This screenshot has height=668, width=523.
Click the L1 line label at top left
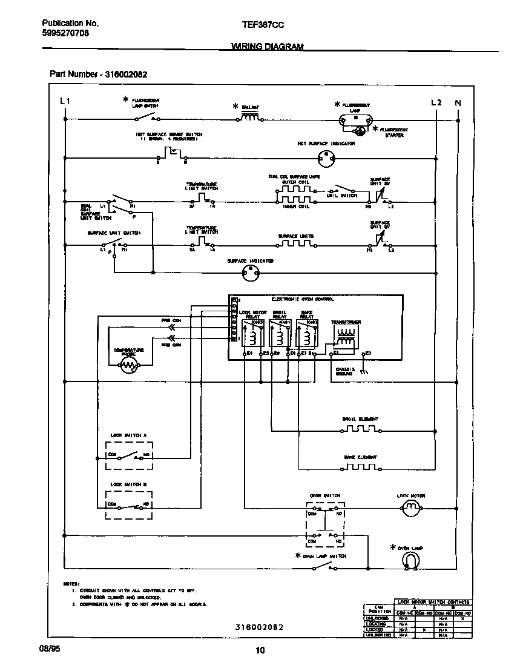coord(65,102)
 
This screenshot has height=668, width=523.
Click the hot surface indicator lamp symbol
coord(326,159)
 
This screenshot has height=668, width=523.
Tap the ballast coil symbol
coord(251,119)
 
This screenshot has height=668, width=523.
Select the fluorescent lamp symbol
coord(356,120)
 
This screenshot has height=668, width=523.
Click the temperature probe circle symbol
coord(129,364)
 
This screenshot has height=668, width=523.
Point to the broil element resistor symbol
coord(360,430)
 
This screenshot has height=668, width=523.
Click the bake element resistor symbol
coord(360,468)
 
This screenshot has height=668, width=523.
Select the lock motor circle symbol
coord(411,511)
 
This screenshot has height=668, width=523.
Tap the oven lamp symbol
coord(411,561)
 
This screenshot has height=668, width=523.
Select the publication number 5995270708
coord(65,34)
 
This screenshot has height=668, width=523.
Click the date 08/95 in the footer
coord(51,649)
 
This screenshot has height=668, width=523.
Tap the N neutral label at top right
coord(458,102)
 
